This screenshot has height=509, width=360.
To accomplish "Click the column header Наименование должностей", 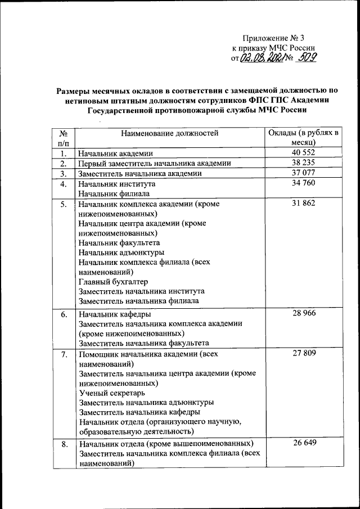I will coord(169,133).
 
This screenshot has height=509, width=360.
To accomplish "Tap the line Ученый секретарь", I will coord(112,393).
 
